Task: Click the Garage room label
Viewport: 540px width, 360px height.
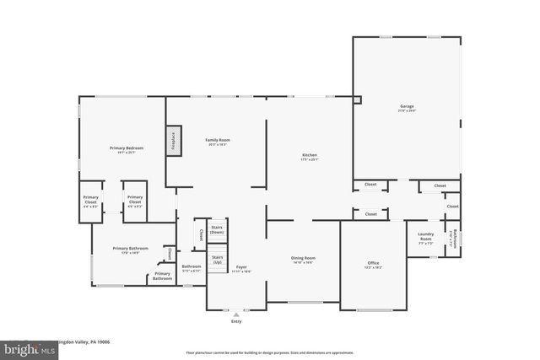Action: pos(407,106)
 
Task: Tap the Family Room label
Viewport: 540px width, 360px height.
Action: pos(218,140)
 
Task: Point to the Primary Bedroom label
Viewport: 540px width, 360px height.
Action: pos(122,148)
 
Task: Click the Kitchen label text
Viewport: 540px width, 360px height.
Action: pos(310,155)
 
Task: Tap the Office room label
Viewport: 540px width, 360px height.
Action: pos(373,263)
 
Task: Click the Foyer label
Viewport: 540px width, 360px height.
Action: pos(241,267)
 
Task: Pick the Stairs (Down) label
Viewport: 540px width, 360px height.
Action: pos(217,229)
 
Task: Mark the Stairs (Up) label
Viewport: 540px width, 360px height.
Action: pos(217,259)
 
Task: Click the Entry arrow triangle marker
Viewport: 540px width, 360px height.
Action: pos(235,313)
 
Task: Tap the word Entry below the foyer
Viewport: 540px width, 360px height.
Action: pos(235,321)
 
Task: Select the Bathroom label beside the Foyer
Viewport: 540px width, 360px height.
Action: pos(191,267)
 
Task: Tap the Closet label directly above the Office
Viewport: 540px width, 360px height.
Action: pos(370,214)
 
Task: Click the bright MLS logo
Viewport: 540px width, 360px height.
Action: pos(14,347)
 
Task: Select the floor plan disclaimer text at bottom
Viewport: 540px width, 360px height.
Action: pos(270,352)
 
